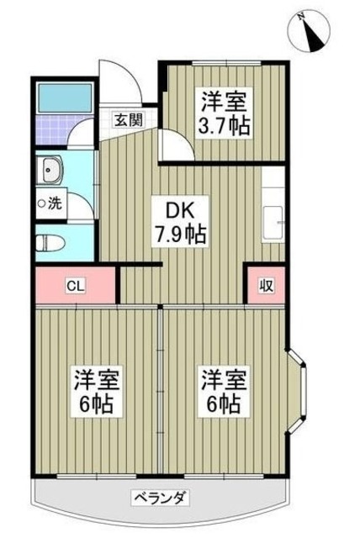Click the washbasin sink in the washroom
point(52,171)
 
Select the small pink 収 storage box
point(264,286)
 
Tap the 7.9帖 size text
point(181,233)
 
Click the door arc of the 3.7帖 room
point(177,146)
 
